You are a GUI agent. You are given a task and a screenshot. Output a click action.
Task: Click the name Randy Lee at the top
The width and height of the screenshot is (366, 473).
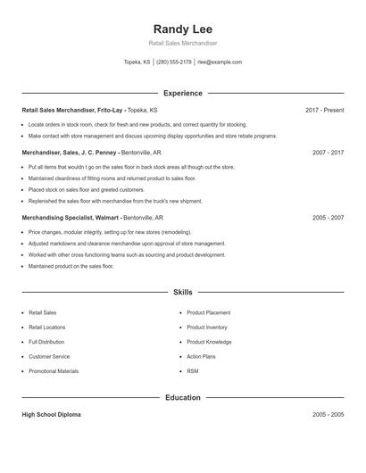pyautogui.click(x=182, y=29)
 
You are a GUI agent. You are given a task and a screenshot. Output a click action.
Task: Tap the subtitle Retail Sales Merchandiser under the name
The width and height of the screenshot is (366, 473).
pyautogui.click(x=182, y=43)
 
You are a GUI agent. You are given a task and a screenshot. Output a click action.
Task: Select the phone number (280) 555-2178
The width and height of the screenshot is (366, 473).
pyautogui.click(x=174, y=62)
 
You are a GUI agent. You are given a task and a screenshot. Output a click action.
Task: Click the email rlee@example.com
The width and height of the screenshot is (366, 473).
pyautogui.click(x=220, y=62)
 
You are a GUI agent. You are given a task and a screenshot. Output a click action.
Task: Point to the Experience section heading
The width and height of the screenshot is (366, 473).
pyautogui.click(x=182, y=93)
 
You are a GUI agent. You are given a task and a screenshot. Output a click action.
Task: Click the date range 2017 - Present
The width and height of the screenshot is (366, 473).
pyautogui.click(x=324, y=110)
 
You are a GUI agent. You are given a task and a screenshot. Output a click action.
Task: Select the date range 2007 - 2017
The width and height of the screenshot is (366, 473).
pyautogui.click(x=328, y=153)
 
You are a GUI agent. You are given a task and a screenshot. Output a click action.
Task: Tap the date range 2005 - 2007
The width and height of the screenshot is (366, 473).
pyautogui.click(x=328, y=218)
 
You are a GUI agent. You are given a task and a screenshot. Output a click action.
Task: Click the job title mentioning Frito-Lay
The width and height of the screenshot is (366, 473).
pyautogui.click(x=73, y=110)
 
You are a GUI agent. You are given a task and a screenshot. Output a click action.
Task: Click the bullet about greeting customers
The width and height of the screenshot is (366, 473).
pyautogui.click(x=87, y=189)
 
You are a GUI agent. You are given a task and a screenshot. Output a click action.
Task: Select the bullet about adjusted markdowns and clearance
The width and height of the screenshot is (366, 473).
pyautogui.click(x=127, y=243)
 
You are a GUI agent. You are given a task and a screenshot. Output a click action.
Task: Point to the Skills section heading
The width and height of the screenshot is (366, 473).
pyautogui.click(x=182, y=292)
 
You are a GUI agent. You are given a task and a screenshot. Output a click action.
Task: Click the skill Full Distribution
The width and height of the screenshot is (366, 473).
pyautogui.click(x=46, y=342)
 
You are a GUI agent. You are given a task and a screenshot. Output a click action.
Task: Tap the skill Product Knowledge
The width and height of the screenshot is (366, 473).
pyautogui.click(x=209, y=342)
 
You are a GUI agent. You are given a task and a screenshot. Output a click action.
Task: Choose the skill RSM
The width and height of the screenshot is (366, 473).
pyautogui.click(x=193, y=370)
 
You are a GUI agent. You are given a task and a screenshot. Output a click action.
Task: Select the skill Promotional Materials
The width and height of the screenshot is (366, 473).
pyautogui.click(x=54, y=370)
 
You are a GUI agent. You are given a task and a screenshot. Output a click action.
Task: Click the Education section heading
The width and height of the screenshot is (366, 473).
pyautogui.click(x=182, y=397)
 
